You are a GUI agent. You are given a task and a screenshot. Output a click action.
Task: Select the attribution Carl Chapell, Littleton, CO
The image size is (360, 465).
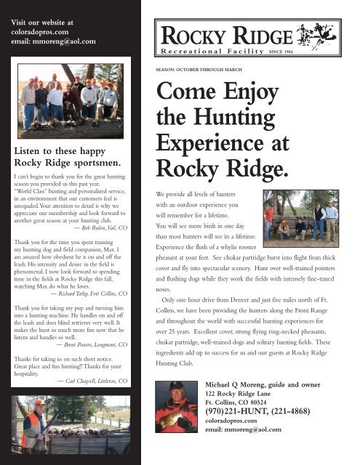92,380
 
